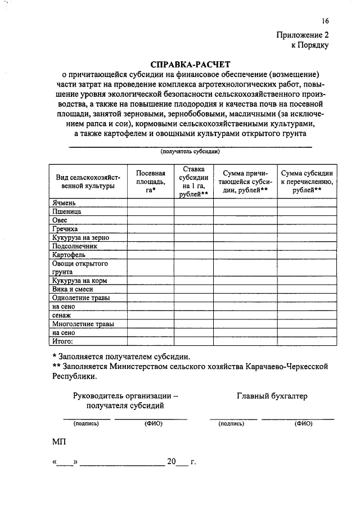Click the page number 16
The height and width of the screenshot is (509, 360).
pos(325,21)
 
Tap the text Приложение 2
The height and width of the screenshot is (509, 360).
pos(302,34)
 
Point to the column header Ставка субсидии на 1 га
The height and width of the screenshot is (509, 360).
pos(193,181)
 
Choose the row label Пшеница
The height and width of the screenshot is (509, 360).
pos(66,212)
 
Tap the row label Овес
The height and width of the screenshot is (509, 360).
pos(60,220)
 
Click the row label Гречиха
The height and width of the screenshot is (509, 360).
pos(65,229)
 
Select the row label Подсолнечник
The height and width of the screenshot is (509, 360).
pos(74,246)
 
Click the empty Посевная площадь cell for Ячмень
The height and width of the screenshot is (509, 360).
pos(150,203)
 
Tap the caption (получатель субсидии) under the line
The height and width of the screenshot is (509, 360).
pos(190,151)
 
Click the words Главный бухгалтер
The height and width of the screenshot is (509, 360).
pos(273,396)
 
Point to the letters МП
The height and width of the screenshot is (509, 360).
pos(58,442)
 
